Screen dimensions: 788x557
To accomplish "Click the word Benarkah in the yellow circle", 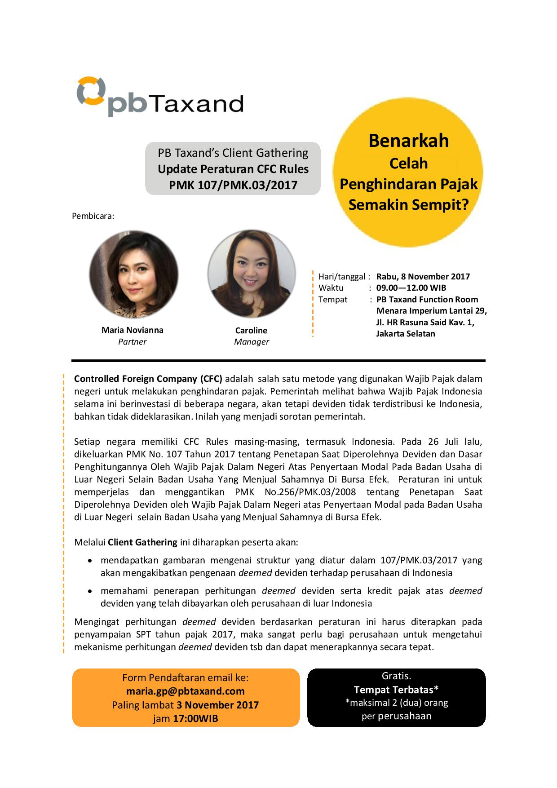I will point(408,141).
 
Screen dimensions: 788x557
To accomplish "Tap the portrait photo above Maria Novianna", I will point(133,274).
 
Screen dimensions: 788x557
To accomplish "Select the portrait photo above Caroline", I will point(252,274).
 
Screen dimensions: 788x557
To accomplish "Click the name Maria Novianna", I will point(133,330).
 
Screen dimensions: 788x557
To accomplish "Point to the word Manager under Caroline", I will point(252,342).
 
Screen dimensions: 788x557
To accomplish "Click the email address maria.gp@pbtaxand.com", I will point(186,691).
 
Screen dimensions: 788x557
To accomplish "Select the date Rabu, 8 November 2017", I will point(423,277).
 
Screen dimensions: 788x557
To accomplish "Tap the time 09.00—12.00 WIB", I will point(411,288).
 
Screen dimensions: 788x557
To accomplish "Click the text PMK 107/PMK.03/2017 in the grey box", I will point(233,185).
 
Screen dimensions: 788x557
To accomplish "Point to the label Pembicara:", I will point(93,216).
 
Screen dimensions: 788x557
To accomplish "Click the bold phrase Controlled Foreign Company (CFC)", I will point(148,379).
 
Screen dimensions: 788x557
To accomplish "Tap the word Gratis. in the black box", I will point(396,676).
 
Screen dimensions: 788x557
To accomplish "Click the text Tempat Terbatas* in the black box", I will point(396,690).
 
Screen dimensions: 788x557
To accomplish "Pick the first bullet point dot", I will point(91,561).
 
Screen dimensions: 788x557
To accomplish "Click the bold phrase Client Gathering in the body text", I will point(142,542).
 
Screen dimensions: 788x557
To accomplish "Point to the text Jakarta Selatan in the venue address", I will point(406,334).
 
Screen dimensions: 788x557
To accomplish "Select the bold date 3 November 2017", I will point(217,705).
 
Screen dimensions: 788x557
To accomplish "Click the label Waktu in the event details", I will point(331,288).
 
